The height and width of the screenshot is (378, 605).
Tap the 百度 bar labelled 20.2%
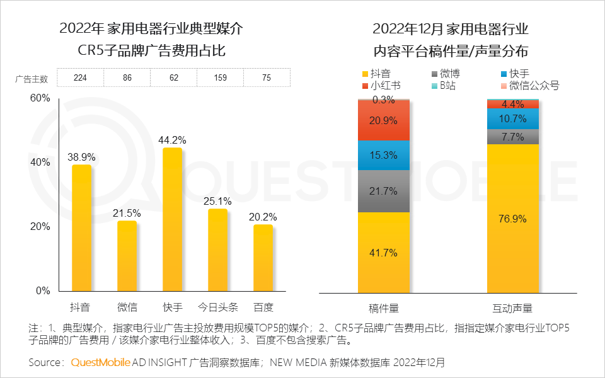pos(263,258)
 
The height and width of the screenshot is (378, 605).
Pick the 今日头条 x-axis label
pos(217,308)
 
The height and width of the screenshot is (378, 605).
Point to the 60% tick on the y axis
pos(40,98)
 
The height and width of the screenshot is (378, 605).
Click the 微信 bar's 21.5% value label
pos(127,214)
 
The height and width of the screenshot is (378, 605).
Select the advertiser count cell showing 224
pos(80,78)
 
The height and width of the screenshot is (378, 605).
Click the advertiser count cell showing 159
pos(220,78)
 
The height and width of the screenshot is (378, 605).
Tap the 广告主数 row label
pos(32,79)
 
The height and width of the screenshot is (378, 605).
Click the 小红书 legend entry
pos(385,86)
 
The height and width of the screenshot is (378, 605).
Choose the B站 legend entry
pos(447,86)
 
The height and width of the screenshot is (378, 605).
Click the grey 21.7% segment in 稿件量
pos(384,191)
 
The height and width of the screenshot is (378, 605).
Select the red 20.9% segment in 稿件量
pos(384,120)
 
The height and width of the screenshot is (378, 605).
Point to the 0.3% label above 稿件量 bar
pos(383,100)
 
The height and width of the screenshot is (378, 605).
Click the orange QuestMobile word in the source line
pos(100,362)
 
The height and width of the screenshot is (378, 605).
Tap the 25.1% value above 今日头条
pos(218,202)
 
